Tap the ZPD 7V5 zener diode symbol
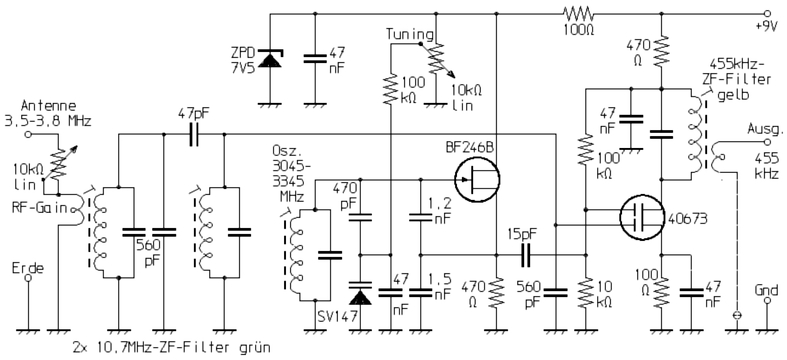pos(271,60)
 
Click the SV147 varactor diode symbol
pos(361,295)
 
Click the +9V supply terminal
pos(767,14)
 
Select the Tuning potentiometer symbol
pos(436,58)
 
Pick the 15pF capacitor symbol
pos(525,254)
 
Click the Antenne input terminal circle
pos(28,134)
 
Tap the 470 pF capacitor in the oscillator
pos(361,216)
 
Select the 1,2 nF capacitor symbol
pos(420,217)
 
